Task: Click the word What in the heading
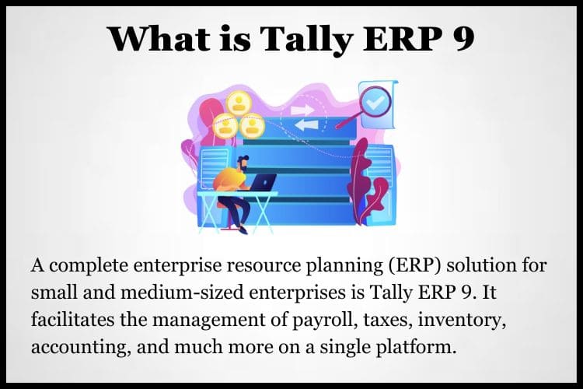(x=159, y=38)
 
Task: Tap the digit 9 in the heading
(x=463, y=39)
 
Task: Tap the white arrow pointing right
(x=302, y=110)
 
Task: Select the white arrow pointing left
(x=307, y=125)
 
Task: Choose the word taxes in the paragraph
(x=388, y=320)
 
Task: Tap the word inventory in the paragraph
(x=462, y=321)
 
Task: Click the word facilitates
(x=73, y=320)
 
